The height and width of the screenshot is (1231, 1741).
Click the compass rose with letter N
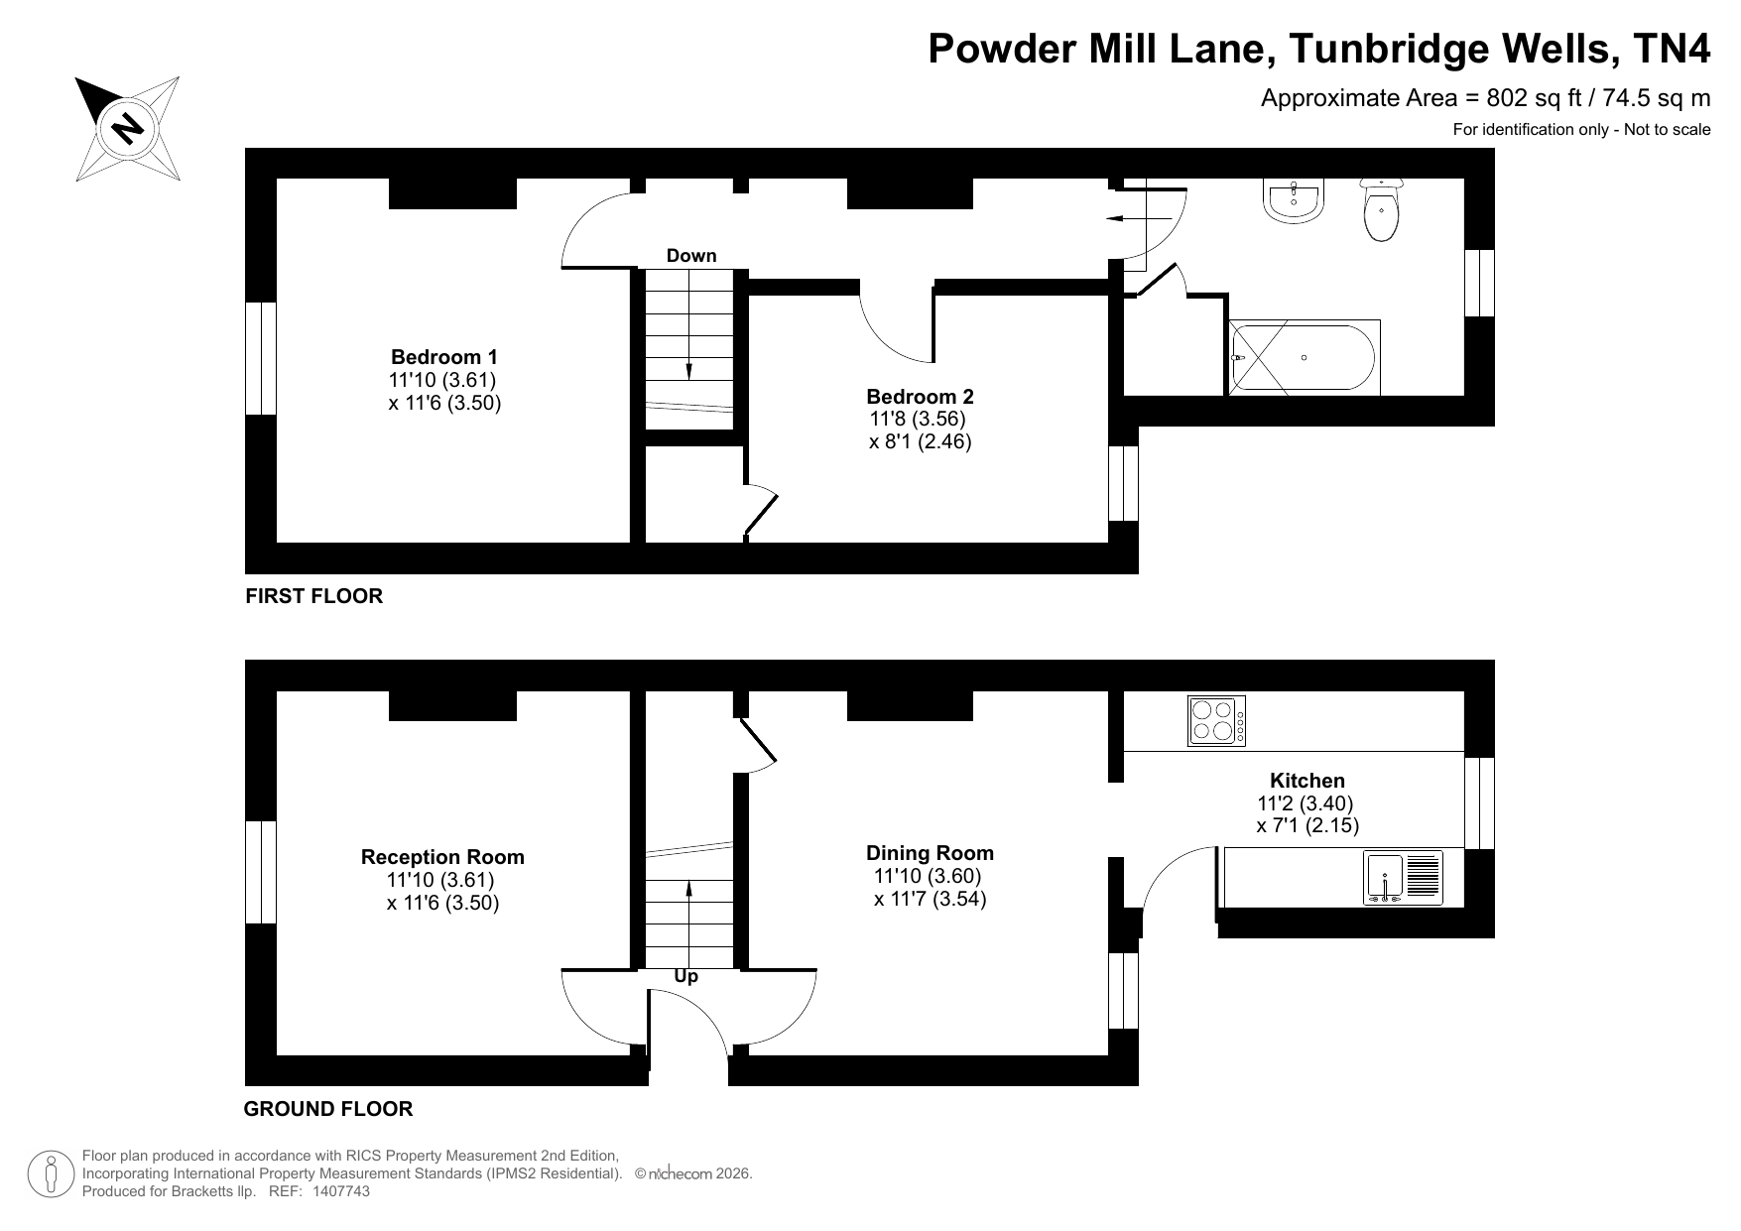point(128,129)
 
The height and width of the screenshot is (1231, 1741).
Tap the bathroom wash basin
point(1295,200)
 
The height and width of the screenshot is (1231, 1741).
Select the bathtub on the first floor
point(1304,357)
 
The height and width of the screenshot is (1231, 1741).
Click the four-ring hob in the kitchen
point(1216,721)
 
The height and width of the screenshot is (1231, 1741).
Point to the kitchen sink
point(1403,878)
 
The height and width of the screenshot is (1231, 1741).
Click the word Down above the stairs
point(691,256)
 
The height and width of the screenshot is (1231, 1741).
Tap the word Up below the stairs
point(686,977)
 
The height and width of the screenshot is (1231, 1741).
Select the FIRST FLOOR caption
point(314,596)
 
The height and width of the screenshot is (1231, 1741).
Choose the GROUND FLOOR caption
point(328,1109)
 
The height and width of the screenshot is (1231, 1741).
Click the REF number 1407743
point(341,1191)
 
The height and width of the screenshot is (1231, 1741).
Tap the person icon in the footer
point(50,1174)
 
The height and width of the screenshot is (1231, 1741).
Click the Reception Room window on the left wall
point(261,873)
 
